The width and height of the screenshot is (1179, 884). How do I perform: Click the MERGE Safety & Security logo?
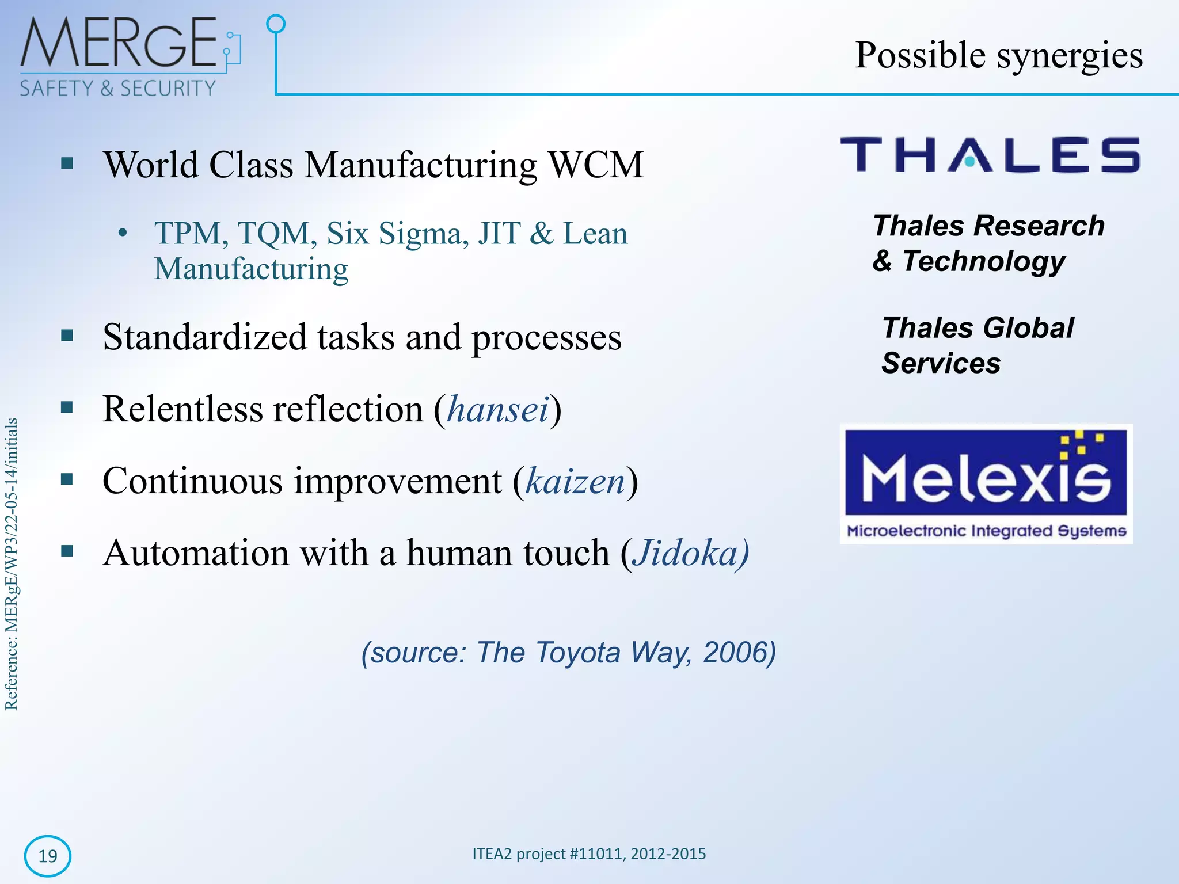coord(130,56)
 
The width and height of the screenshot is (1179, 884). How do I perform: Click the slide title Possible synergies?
coord(998,56)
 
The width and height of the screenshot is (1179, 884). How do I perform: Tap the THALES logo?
coord(990,155)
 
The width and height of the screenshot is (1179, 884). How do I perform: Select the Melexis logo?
coord(986,483)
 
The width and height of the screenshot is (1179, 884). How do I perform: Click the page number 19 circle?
coord(48,856)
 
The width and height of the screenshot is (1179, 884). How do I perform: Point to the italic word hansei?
coord(498,410)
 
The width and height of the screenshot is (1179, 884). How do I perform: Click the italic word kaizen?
coord(575,482)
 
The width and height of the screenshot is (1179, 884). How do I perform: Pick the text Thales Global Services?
coord(977,345)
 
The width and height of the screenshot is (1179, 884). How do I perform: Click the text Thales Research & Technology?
coord(988,243)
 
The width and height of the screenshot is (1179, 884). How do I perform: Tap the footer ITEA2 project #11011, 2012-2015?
coord(589,854)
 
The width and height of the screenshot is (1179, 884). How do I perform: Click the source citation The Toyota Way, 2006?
coord(568,653)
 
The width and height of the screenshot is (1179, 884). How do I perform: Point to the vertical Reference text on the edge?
coord(12,564)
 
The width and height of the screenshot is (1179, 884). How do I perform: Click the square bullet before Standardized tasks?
coord(67,336)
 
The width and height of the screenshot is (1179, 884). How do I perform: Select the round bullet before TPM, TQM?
coord(122,234)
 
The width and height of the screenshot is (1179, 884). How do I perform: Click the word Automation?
coord(196,554)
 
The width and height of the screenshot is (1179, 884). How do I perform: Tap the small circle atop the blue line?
coord(276,24)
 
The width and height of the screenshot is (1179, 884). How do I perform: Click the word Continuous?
coord(193,482)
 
